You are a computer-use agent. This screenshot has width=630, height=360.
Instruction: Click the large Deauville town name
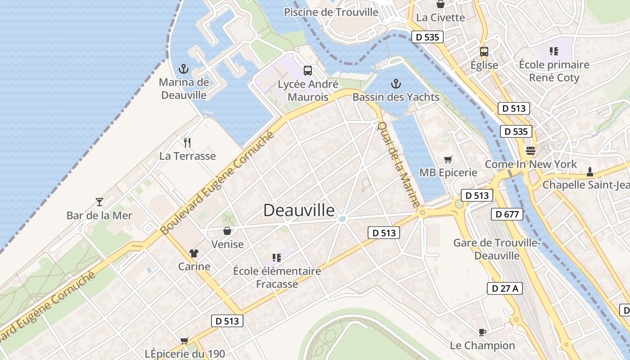(299, 211)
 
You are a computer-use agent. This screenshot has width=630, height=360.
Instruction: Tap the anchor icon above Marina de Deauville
(183, 69)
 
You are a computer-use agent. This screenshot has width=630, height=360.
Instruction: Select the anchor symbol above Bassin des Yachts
(396, 84)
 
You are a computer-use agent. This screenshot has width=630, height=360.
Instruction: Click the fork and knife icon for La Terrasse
(187, 143)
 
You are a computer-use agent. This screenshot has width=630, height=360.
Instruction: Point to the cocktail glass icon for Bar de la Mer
(99, 202)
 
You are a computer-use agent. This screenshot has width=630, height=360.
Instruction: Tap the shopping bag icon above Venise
(227, 231)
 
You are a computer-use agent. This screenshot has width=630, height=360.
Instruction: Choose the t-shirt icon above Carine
(194, 253)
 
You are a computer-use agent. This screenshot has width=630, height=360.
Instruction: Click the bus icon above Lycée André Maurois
(308, 71)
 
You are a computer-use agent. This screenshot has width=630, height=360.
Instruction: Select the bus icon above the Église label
(484, 52)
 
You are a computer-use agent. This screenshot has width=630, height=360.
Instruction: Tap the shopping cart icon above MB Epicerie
(448, 159)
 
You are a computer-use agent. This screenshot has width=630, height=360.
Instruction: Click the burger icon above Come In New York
(531, 151)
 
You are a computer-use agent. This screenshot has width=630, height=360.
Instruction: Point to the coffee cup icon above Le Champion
(482, 332)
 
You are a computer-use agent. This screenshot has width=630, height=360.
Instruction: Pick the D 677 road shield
(507, 214)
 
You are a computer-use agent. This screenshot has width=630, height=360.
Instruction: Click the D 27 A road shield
(505, 288)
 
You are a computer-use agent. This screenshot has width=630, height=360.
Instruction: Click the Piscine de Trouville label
(331, 12)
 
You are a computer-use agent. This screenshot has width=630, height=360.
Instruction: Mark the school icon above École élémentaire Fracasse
(277, 258)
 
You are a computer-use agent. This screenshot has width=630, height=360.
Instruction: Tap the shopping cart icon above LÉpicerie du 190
(184, 341)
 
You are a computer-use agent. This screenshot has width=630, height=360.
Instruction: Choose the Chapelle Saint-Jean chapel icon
(589, 171)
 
